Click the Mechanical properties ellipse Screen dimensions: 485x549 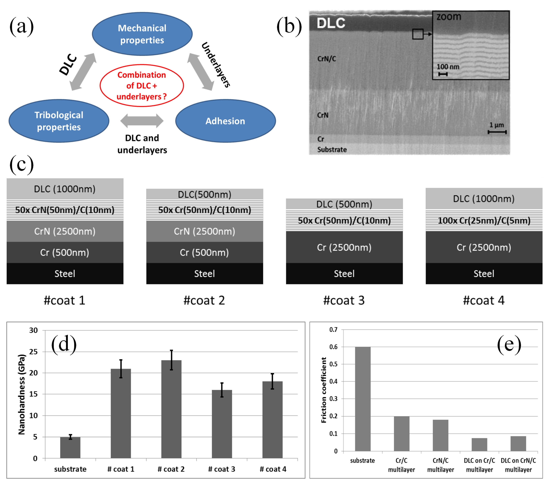pos(142,34)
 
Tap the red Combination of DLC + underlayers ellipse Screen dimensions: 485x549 pos(142,85)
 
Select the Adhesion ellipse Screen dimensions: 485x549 pos(225,121)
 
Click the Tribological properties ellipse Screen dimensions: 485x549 pos(59,121)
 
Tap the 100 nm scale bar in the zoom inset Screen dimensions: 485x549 pos(443,74)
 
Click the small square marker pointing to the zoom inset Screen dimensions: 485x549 pos(418,34)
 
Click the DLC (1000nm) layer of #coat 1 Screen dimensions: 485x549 pos(65,189)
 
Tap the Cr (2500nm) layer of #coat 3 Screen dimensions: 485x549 pos(344,247)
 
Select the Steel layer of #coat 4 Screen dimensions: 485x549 pos(484,273)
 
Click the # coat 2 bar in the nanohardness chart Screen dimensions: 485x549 pos(171,409)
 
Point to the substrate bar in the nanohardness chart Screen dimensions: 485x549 pos(70,447)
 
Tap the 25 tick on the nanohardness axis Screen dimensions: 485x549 pos(34,352)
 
